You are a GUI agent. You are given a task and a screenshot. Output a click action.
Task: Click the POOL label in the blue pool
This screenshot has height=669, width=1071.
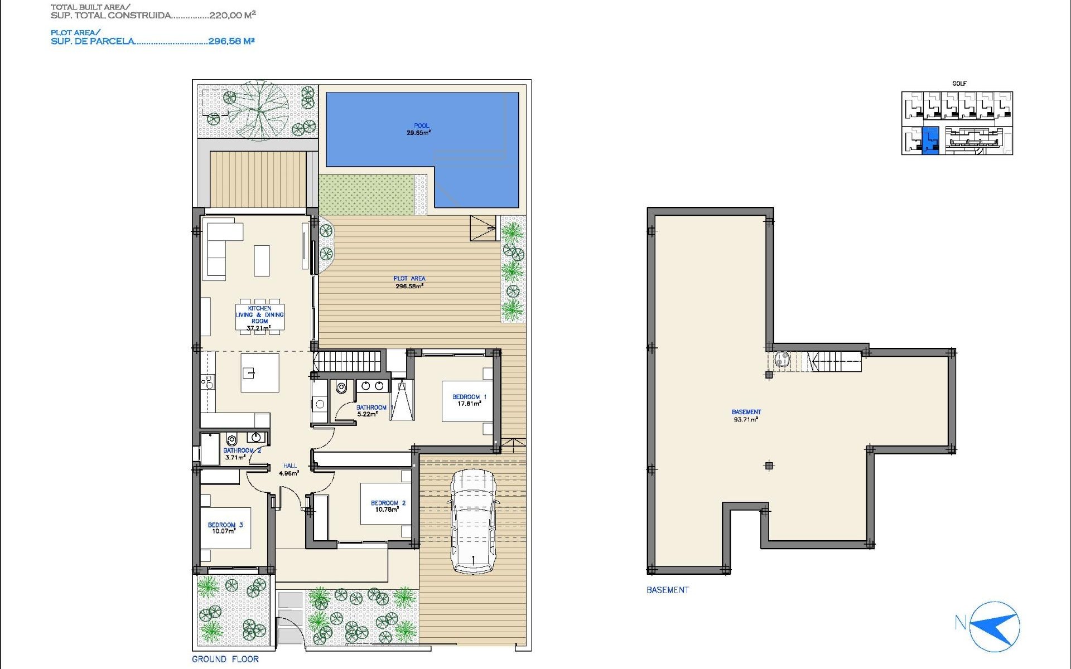point(421,126)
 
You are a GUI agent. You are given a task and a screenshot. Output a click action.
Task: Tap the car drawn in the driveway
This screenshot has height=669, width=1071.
point(474,521)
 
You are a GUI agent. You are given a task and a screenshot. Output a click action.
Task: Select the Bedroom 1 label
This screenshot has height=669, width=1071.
point(469,397)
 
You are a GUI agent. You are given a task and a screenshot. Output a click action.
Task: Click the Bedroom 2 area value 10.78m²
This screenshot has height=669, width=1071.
point(387,510)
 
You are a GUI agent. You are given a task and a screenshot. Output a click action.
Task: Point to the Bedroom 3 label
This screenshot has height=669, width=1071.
point(225,525)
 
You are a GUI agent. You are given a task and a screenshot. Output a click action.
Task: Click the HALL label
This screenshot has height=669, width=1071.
point(290,466)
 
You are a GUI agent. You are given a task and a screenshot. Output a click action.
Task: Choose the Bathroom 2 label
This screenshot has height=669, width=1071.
point(242,450)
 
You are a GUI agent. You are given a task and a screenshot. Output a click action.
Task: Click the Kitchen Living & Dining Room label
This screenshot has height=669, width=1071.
point(259,315)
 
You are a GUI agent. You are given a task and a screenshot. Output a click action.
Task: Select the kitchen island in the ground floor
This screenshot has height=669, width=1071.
point(260,372)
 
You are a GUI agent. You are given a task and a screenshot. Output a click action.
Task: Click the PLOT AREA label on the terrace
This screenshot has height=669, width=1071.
point(409,278)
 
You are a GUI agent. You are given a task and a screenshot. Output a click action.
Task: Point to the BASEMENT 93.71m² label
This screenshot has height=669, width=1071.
point(746,415)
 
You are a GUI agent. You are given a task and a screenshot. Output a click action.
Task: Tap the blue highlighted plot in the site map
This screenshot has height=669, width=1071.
point(930,140)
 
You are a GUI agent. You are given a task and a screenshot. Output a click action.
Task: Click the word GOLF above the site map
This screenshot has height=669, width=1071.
point(959,84)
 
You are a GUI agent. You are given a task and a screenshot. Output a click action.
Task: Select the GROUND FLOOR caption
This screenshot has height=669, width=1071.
point(225,659)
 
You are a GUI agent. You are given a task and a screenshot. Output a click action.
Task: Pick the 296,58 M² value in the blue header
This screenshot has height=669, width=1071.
point(231,41)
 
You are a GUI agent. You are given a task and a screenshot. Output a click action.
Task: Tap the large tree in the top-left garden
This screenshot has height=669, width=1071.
point(258,110)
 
